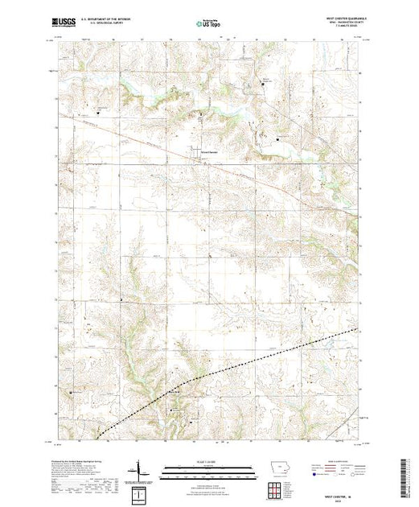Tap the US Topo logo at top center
coord(209,23)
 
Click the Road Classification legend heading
coord(336,461)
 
